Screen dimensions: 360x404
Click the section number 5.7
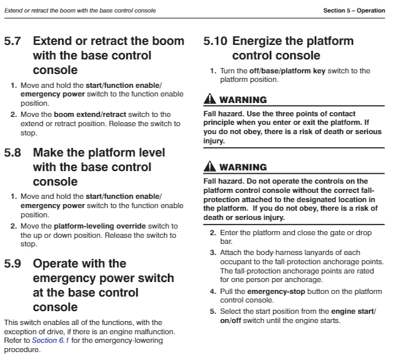point(13,42)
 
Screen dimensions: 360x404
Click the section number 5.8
point(13,153)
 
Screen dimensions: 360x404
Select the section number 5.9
point(13,264)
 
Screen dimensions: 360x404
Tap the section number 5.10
point(218,42)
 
